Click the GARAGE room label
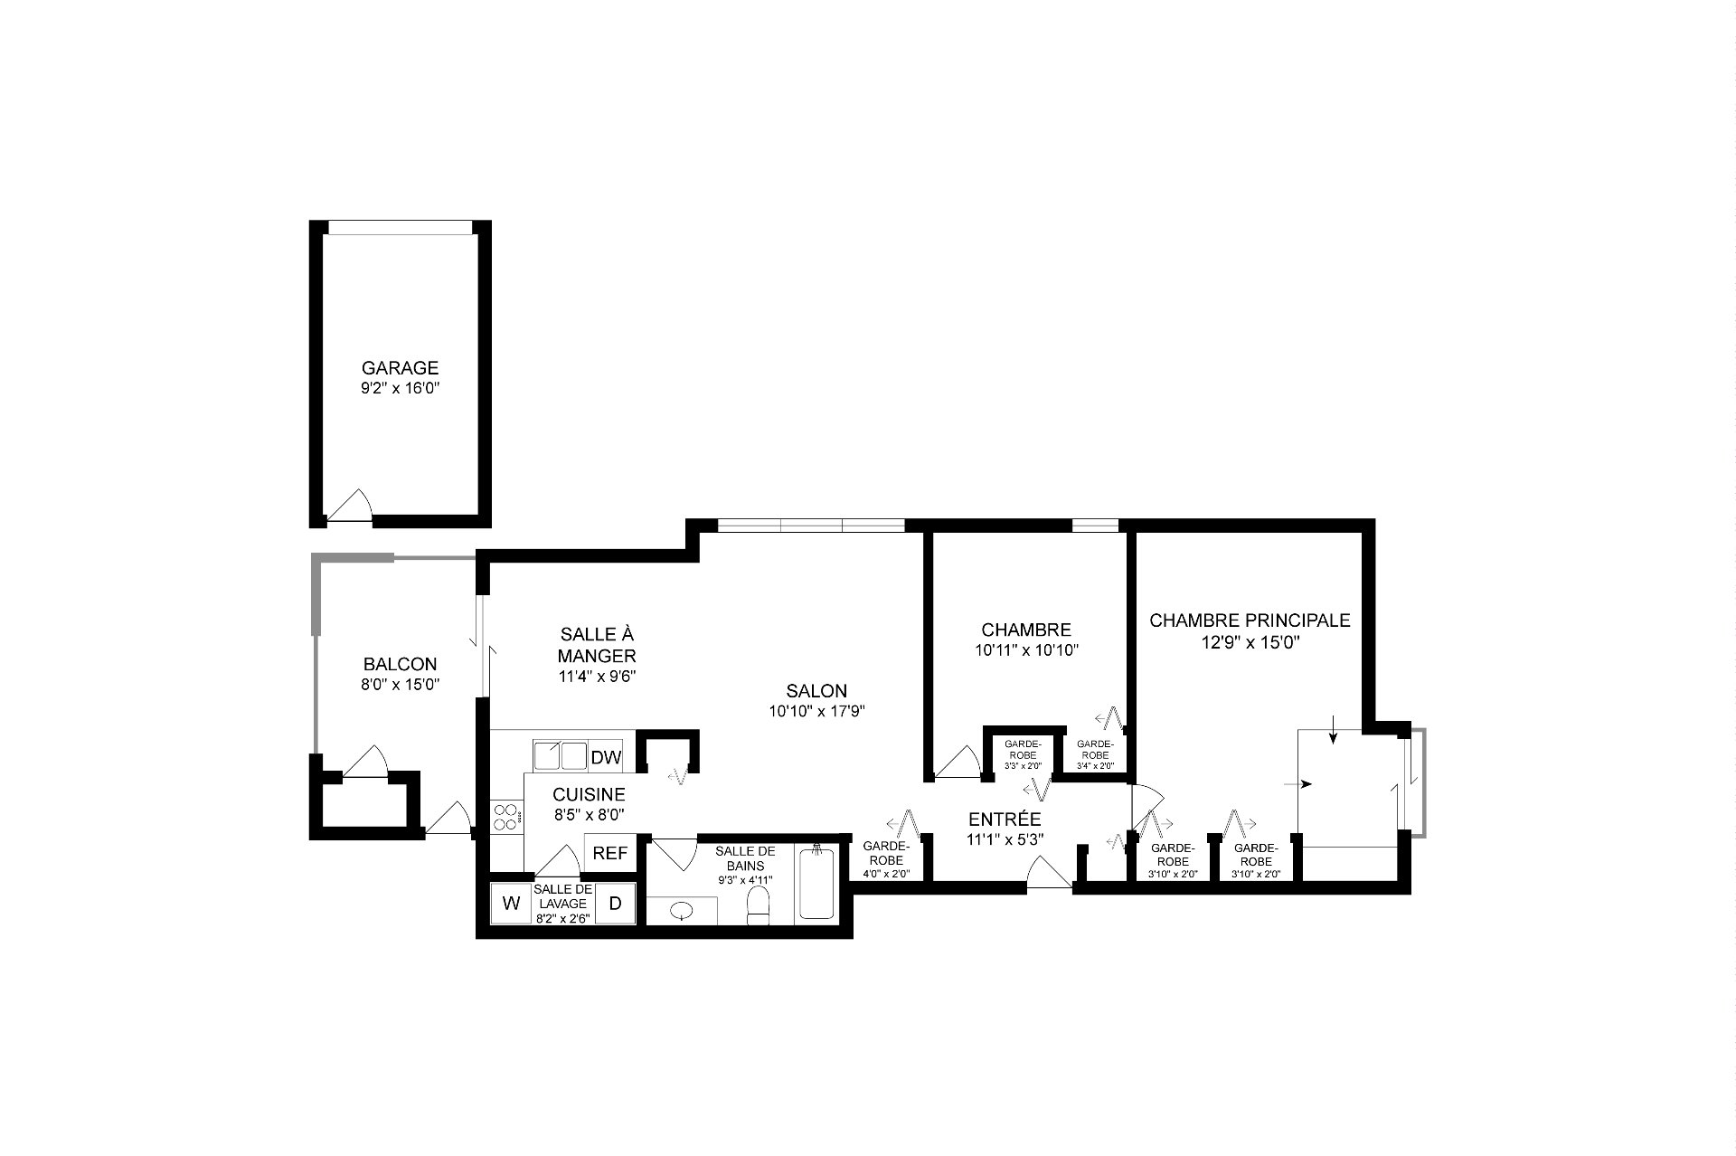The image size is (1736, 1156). (400, 368)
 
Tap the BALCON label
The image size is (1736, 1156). (400, 664)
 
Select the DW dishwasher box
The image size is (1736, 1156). (605, 757)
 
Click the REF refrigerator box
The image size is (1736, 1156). (610, 853)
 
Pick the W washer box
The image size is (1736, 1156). (511, 903)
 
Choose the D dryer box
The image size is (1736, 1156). (615, 903)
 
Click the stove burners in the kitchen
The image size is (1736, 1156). (507, 818)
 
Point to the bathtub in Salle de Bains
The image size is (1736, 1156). (816, 884)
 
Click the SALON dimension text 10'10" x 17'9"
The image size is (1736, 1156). (817, 711)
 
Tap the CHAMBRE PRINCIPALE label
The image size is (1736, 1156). (1250, 621)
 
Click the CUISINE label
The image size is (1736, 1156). (589, 794)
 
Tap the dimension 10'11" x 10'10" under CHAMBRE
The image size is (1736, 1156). (1026, 649)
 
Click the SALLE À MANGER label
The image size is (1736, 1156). (597, 645)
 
